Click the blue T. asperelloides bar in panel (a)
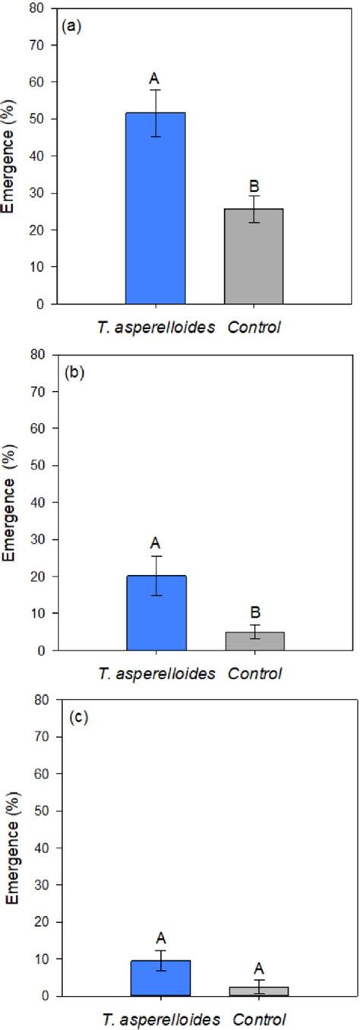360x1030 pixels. coord(156,208)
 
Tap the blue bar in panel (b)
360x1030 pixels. coord(156,613)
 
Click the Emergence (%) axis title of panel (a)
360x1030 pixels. coord(11,156)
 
